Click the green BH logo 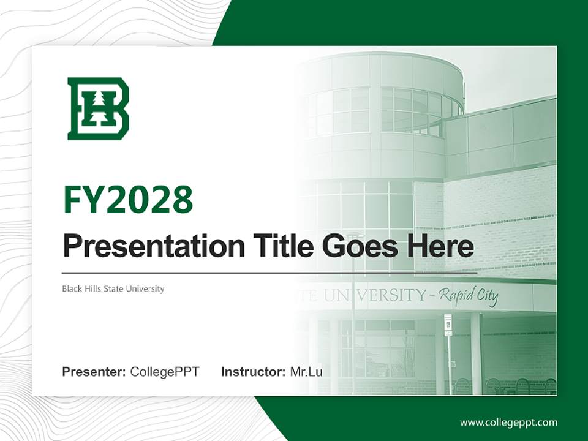click(98, 108)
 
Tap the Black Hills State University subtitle click(113, 288)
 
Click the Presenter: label click(94, 372)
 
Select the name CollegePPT click(165, 372)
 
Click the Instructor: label click(253, 372)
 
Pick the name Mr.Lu click(306, 372)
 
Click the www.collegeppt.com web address click(508, 422)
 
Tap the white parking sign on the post click(448, 325)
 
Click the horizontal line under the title click(269, 273)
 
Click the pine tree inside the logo click(97, 108)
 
